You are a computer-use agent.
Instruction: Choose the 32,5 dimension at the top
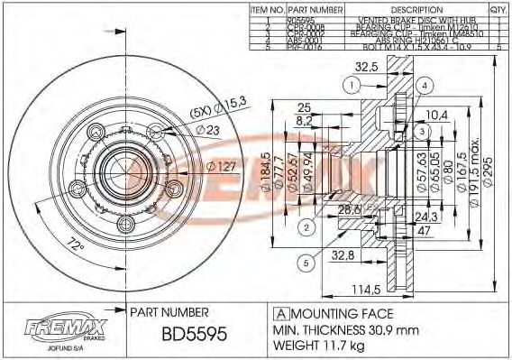coord(365,66)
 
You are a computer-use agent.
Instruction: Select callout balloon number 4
coord(422,85)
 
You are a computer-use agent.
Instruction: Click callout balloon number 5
coord(306,263)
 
